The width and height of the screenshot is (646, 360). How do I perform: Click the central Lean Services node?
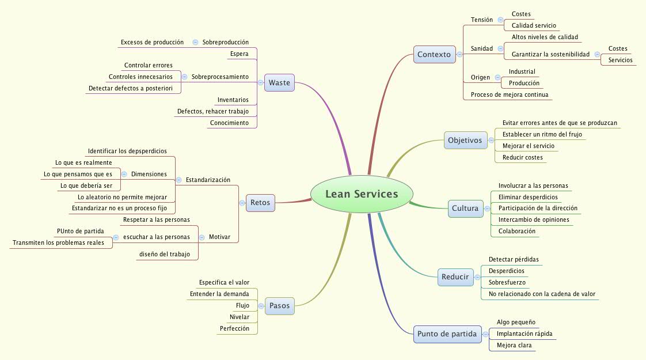click(x=362, y=194)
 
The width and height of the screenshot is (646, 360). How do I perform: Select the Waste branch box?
click(x=279, y=83)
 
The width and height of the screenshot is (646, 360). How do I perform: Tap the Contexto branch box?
click(x=434, y=55)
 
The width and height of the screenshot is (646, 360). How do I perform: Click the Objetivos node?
click(x=465, y=141)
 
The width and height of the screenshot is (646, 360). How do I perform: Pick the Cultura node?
click(x=465, y=209)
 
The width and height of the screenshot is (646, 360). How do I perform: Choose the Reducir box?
click(x=455, y=277)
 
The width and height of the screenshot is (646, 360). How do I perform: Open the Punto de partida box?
click(x=447, y=334)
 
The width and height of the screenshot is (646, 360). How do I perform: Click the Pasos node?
click(x=279, y=306)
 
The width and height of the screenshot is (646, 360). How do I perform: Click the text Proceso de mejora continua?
click(x=510, y=94)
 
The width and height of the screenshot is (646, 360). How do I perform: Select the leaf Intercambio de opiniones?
click(x=534, y=219)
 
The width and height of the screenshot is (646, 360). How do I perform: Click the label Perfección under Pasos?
click(x=234, y=328)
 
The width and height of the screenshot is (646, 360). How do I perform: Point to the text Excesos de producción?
click(x=152, y=42)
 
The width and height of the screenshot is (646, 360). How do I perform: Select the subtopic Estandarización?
click(x=208, y=180)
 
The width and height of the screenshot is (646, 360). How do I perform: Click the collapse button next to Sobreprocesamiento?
click(x=185, y=77)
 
